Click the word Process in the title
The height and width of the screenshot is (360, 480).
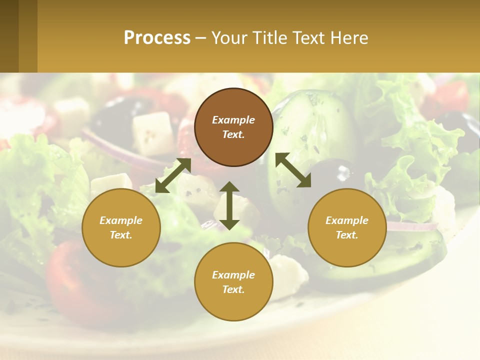point(157,38)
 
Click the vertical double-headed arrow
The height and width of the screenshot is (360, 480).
point(229,206)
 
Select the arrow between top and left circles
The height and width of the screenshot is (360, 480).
point(173,175)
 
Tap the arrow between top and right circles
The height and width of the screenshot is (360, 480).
point(293,170)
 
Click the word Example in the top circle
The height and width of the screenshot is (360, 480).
point(233,120)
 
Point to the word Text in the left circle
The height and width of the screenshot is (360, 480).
point(120,235)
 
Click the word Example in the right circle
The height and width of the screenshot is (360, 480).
point(347,220)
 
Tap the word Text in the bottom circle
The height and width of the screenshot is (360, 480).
point(233,289)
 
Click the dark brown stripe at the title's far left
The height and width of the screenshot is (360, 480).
point(9,36)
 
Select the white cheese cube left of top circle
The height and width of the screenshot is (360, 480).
point(153,133)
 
